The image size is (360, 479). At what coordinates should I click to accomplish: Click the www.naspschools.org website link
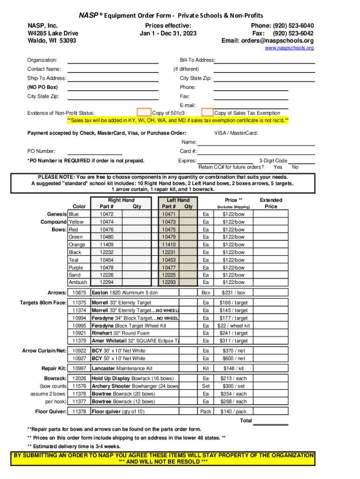289,48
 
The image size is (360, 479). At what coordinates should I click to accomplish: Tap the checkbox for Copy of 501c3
144,112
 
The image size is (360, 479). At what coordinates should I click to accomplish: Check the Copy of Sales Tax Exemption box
207,112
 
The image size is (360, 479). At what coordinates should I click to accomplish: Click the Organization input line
113,61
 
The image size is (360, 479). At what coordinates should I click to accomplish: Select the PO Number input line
95,152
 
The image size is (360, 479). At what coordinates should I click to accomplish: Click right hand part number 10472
107,214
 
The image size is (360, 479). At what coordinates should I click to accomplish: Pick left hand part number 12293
169,283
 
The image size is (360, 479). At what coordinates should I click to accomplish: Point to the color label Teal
73,260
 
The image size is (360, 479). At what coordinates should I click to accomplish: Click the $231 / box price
233,293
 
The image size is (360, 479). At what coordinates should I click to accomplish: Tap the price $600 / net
233,358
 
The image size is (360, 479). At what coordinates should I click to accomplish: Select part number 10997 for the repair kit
79,369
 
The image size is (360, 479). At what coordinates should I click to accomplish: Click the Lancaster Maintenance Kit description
122,369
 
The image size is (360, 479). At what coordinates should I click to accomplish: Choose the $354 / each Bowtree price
234,394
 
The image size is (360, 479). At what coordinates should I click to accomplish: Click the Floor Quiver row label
51,412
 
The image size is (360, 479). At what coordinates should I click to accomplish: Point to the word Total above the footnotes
246,421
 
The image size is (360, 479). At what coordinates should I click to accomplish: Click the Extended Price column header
271,203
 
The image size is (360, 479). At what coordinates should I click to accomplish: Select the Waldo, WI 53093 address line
52,41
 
